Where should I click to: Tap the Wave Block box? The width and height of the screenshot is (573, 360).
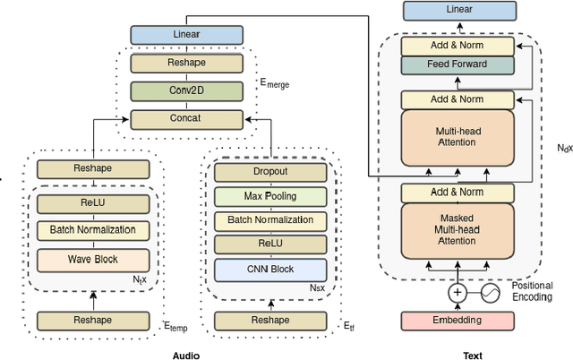[x=87, y=260]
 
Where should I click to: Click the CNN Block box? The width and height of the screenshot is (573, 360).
[x=269, y=269]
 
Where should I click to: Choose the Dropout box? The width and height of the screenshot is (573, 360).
[x=269, y=170]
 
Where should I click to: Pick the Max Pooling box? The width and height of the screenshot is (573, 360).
[x=269, y=195]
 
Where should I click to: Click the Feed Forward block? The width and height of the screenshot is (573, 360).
[x=458, y=64]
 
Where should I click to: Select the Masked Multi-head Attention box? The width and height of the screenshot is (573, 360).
[x=458, y=228]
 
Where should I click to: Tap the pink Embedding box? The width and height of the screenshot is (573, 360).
[x=458, y=320]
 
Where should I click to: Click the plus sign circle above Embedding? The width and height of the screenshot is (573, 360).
[x=458, y=293]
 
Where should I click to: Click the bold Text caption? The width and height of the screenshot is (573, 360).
[x=472, y=355]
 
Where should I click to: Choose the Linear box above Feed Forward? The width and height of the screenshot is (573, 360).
[x=458, y=10]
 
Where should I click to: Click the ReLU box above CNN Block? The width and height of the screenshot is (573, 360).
[x=269, y=244]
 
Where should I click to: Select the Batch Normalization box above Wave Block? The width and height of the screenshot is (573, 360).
[x=87, y=229]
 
